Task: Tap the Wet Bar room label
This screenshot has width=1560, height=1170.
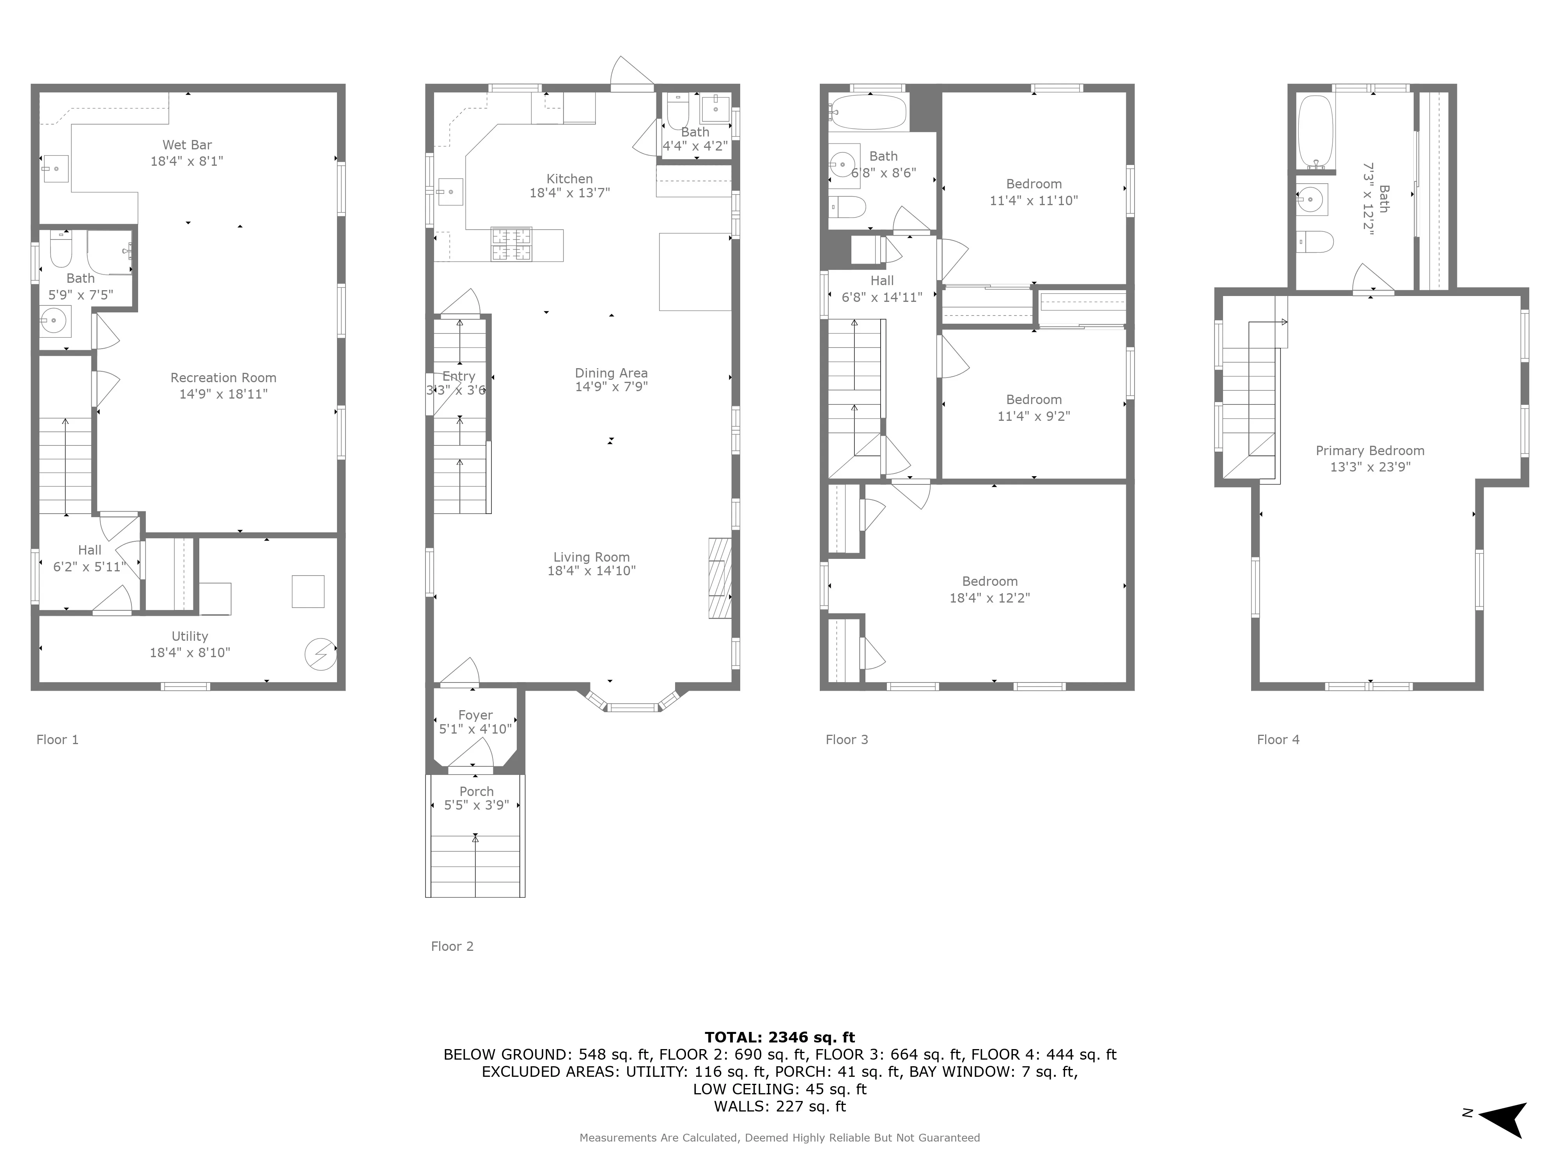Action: (x=187, y=145)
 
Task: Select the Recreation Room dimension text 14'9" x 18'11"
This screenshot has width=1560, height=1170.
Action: (x=223, y=394)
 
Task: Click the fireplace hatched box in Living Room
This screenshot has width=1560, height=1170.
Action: (x=719, y=578)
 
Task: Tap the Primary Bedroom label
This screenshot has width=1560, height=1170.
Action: (x=1370, y=451)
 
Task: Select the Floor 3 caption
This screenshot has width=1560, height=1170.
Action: (x=846, y=739)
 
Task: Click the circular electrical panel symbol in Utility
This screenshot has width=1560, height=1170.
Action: (x=319, y=654)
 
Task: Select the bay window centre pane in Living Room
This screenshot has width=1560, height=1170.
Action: (x=633, y=707)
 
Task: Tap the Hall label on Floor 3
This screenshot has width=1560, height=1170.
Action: (x=881, y=281)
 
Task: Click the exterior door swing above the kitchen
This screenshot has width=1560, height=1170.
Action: (x=630, y=74)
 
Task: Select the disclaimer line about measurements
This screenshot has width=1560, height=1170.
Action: (x=779, y=1138)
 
